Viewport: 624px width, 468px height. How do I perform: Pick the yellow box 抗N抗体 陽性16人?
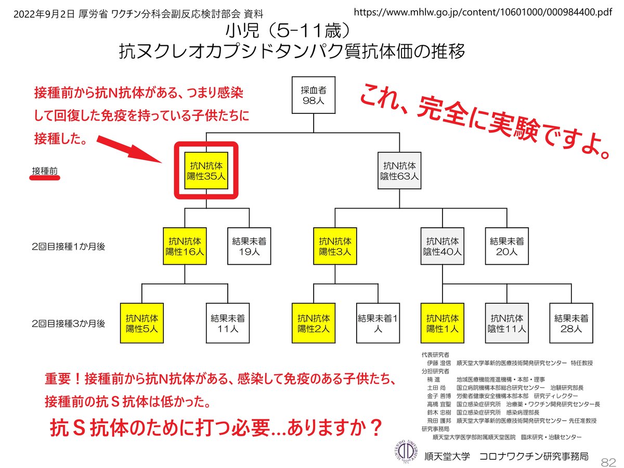click(x=185, y=246)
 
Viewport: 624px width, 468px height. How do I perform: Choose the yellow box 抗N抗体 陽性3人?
click(x=335, y=246)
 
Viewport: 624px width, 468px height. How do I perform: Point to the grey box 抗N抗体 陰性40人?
click(x=443, y=246)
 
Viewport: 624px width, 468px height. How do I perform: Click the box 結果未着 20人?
click(x=506, y=246)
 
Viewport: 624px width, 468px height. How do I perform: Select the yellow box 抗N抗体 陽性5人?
click(x=141, y=322)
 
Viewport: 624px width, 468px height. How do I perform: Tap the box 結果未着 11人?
click(x=228, y=322)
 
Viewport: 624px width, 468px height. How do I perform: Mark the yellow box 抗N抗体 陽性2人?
click(x=313, y=322)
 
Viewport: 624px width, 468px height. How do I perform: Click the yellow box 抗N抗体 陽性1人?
click(x=442, y=322)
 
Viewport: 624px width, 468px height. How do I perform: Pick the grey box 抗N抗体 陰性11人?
click(x=506, y=322)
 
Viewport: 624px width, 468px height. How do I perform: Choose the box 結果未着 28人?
click(x=571, y=322)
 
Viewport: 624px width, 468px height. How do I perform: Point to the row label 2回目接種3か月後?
click(x=68, y=323)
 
